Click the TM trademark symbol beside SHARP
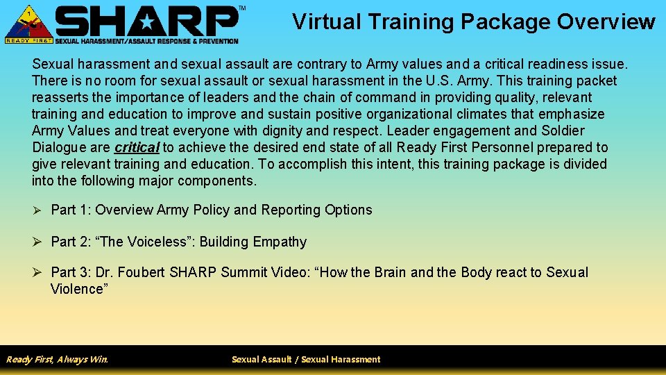point(241,8)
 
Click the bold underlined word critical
point(137,147)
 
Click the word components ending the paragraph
point(216,181)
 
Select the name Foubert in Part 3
point(139,272)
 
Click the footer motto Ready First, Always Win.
point(57,359)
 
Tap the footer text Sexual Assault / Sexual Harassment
point(306,359)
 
